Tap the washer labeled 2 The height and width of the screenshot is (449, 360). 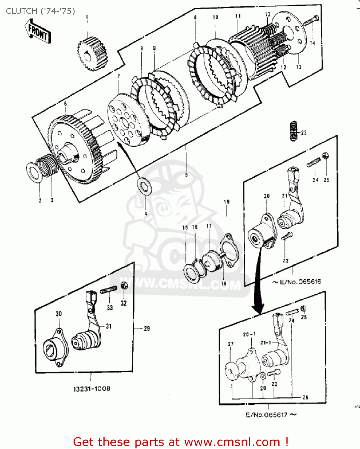click(x=35, y=172)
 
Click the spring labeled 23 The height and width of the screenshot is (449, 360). click(x=294, y=131)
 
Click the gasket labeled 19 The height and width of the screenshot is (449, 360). click(x=229, y=251)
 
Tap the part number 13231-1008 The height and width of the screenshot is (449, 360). click(x=91, y=389)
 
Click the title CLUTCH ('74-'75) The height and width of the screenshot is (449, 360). click(x=40, y=11)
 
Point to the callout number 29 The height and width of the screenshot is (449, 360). click(x=147, y=328)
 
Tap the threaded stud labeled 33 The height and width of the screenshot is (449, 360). click(x=108, y=290)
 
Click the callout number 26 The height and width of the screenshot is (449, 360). click(x=305, y=398)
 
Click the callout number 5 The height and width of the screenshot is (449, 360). click(x=186, y=175)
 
